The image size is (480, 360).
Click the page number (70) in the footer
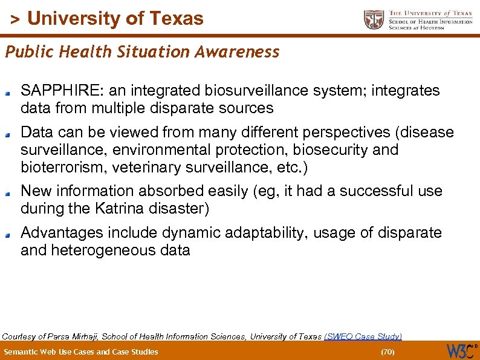pos(387,352)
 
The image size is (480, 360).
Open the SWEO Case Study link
pos(363,336)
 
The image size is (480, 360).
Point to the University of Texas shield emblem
pos(374,20)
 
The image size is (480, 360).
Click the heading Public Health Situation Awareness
pos(143,52)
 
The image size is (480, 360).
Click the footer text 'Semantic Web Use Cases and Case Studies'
pos(81,352)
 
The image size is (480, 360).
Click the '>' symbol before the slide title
pos(16,19)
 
